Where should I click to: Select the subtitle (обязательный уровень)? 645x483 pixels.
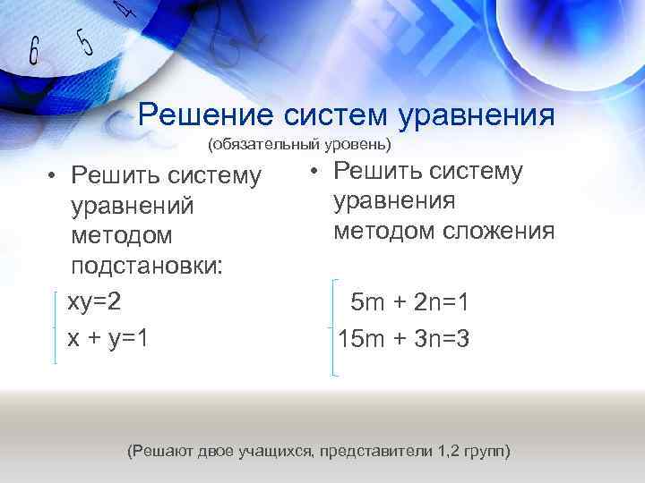pyautogui.click(x=299, y=144)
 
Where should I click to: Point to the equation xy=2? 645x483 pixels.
pyautogui.click(x=94, y=301)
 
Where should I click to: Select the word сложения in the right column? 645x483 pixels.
pyautogui.click(x=498, y=231)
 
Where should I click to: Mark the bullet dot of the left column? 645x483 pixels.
pyautogui.click(x=54, y=175)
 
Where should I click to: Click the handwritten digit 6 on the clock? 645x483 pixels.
pyautogui.click(x=34, y=51)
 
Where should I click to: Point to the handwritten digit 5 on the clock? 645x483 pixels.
pyautogui.click(x=85, y=40)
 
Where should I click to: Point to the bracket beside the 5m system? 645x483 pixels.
pyautogui.click(x=333, y=326)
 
